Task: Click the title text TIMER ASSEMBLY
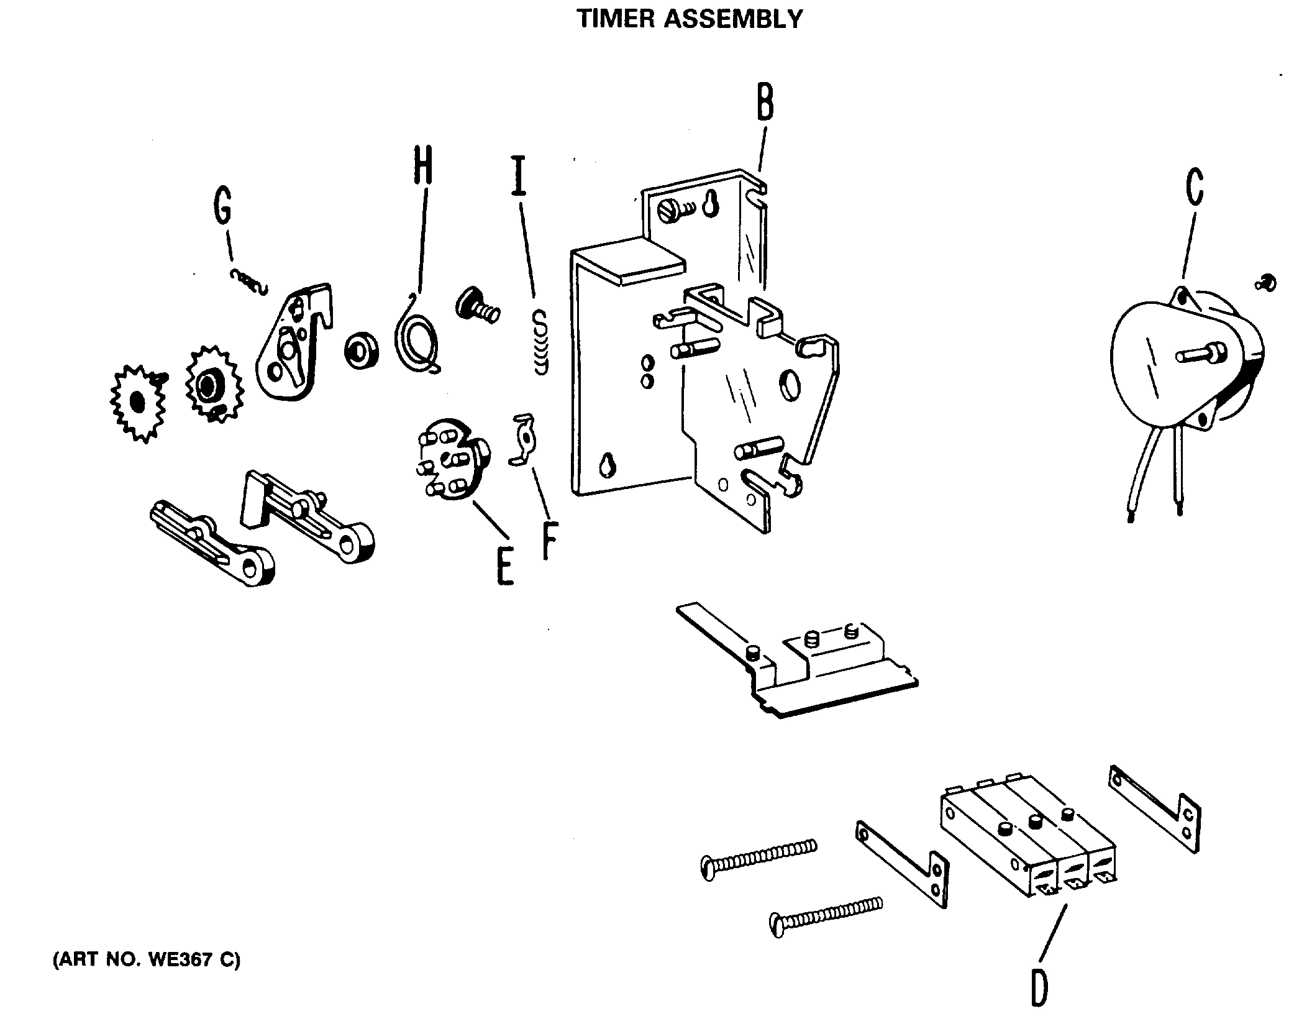(x=690, y=19)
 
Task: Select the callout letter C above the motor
(x=1194, y=186)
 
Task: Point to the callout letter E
(x=505, y=565)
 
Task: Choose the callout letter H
(x=422, y=165)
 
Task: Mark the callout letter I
(x=519, y=176)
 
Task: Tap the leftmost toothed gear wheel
(x=138, y=403)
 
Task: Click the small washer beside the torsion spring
(x=359, y=352)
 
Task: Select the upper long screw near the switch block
(x=758, y=857)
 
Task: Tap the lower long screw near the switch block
(x=826, y=914)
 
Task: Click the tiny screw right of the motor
(x=1265, y=283)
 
